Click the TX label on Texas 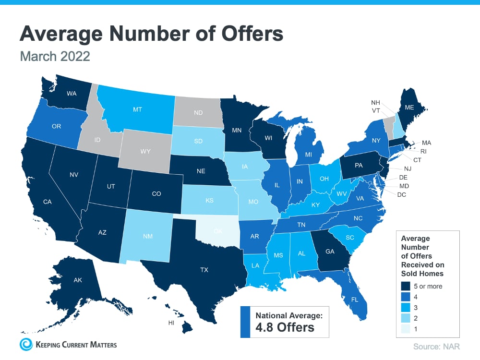coord(204,270)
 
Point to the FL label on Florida coord(355,299)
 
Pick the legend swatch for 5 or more coord(406,286)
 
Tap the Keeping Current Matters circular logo coord(26,344)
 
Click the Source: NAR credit coord(435,346)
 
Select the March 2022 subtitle coord(55,56)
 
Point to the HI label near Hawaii coord(171,323)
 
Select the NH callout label coord(376,102)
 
